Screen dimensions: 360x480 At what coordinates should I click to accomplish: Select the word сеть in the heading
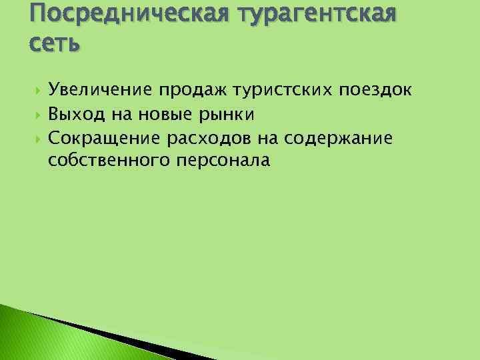[55, 44]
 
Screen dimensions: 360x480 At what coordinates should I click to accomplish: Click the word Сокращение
[102, 138]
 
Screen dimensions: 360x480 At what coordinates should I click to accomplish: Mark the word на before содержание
[267, 138]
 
